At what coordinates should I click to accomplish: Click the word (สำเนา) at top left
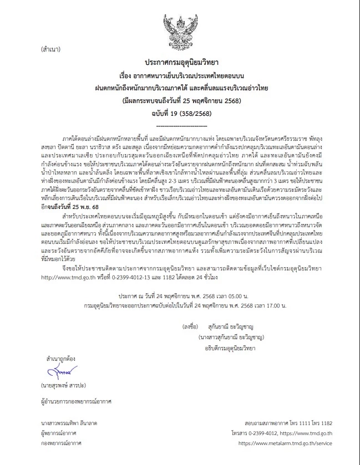(52, 49)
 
